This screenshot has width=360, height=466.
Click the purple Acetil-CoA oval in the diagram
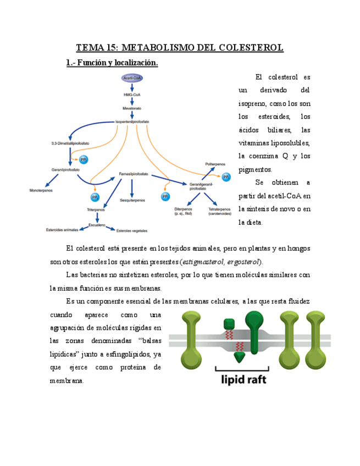click(132, 79)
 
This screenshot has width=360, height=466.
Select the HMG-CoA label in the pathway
click(132, 95)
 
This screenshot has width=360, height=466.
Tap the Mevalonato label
click(132, 108)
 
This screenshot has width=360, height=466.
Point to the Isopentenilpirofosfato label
click(132, 121)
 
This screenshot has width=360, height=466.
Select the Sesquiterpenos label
click(132, 201)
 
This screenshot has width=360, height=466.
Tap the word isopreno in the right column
click(253, 103)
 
